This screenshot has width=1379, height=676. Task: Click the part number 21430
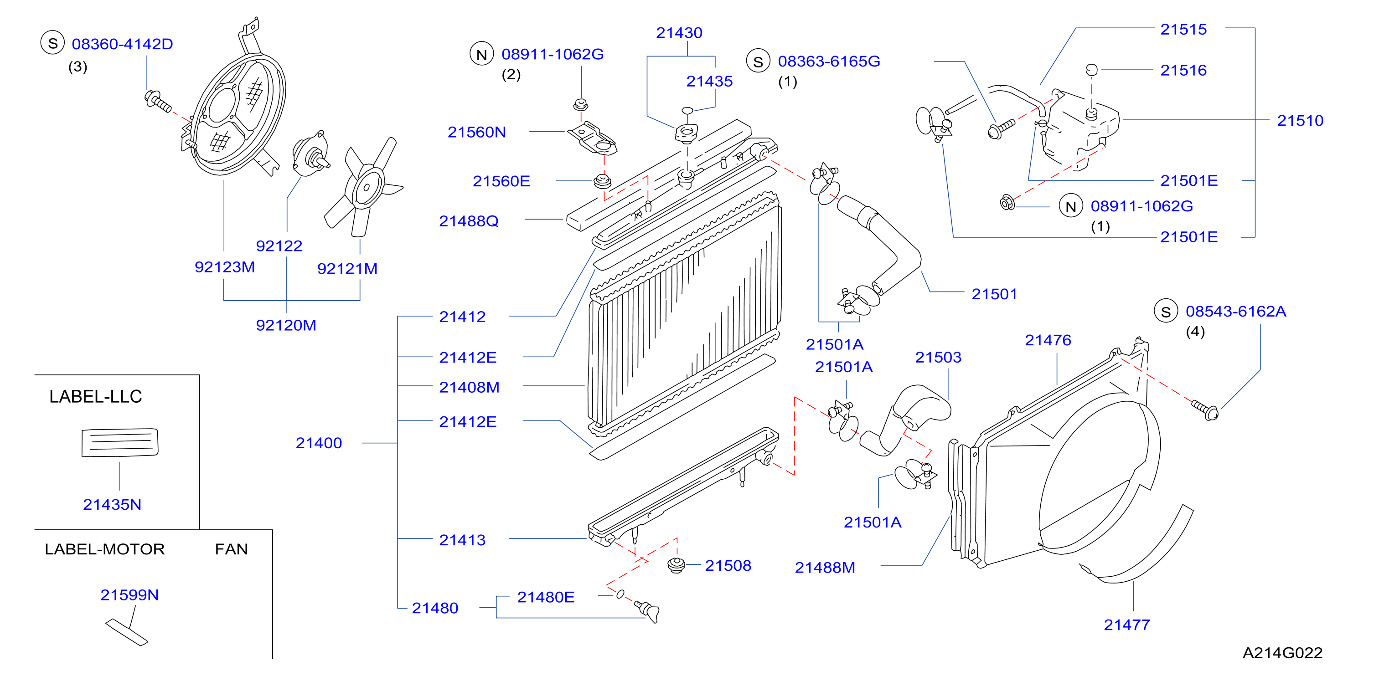coord(679,33)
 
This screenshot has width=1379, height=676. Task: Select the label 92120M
coord(286,325)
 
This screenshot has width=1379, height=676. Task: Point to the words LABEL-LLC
coord(95,396)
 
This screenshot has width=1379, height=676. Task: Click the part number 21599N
coord(129,595)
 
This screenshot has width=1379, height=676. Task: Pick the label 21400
coord(319,443)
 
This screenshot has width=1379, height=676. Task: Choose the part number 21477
coord(1127,625)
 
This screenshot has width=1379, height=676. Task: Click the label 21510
coord(1300,120)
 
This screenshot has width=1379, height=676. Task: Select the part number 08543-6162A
coord(1235,311)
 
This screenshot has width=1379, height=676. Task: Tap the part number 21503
coord(938,357)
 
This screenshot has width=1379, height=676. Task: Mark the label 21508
coord(728,565)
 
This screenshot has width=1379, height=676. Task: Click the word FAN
coord(231,549)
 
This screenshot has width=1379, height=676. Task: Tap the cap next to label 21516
coord(1091,70)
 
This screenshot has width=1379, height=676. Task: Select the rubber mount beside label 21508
coord(677,565)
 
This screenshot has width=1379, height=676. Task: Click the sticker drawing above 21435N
coord(120,442)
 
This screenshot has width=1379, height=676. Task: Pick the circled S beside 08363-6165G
coord(758,61)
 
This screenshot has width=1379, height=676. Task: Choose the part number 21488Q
coord(469,221)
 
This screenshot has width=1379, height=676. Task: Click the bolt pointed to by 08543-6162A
coord(1205,410)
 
